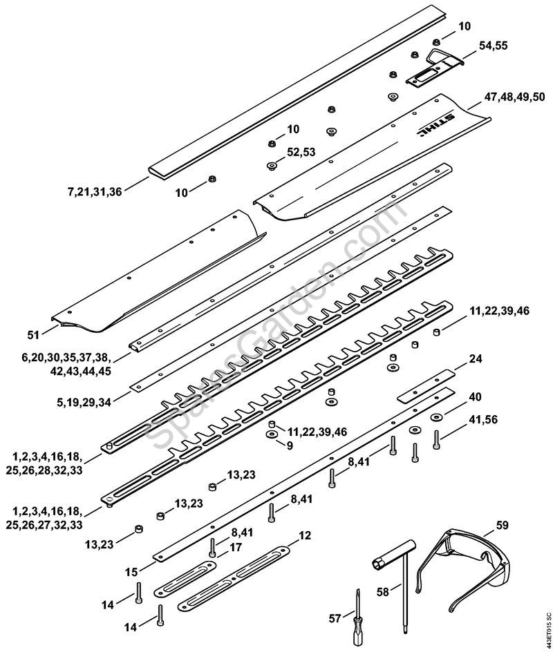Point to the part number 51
(x=33, y=335)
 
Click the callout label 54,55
(x=494, y=46)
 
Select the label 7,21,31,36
(x=95, y=192)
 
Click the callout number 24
(x=476, y=358)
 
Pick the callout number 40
(x=476, y=396)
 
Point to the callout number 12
(x=305, y=535)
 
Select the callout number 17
(x=236, y=547)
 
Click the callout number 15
(x=131, y=573)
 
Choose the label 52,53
(x=301, y=152)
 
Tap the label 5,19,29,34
(x=83, y=402)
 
